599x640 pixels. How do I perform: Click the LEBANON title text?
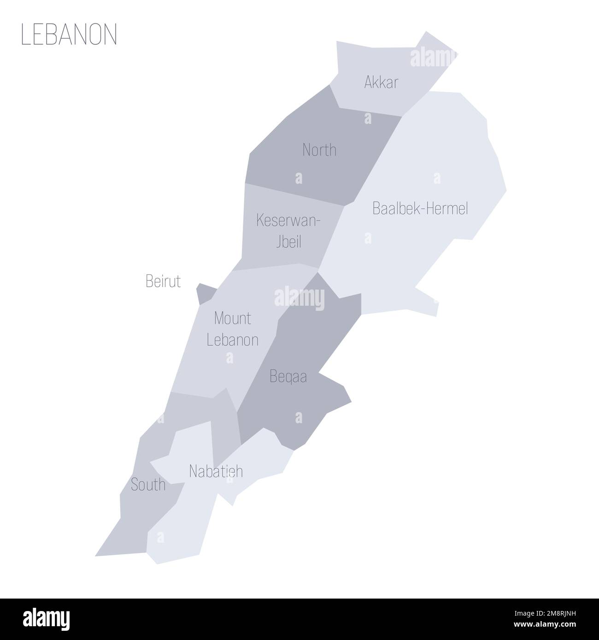(x=69, y=34)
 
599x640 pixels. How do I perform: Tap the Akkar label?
(x=381, y=82)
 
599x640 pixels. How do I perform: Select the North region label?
(x=319, y=150)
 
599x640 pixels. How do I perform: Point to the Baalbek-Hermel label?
(x=420, y=209)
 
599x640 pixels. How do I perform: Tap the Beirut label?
(x=163, y=281)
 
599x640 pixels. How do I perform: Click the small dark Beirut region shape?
(x=205, y=293)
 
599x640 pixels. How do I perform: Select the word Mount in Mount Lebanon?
(x=232, y=318)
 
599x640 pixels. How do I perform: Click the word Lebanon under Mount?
(x=232, y=340)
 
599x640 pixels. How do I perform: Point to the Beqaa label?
(x=288, y=377)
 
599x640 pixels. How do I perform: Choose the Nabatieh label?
(x=216, y=471)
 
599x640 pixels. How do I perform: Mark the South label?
(x=148, y=484)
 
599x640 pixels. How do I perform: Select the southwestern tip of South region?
(x=97, y=555)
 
